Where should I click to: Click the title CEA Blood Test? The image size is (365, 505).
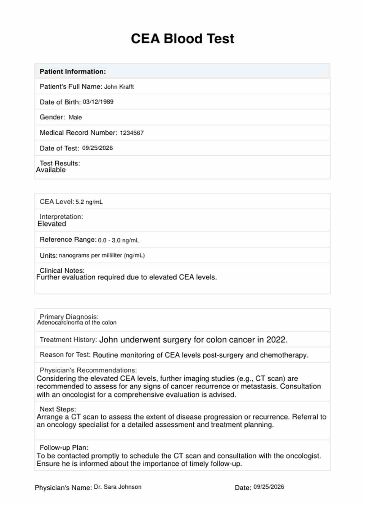coord(182,39)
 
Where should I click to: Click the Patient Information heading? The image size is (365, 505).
coord(73,72)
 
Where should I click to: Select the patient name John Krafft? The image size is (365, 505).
coord(119,87)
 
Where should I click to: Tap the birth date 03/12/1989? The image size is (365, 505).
coord(98,102)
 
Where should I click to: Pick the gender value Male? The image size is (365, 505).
coord(75,117)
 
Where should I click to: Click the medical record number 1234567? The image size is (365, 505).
coord(132,133)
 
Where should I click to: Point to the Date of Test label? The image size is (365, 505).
coord(59,148)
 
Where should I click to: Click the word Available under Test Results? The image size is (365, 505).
coord(51,170)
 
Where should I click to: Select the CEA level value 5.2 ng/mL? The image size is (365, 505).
coord(89,202)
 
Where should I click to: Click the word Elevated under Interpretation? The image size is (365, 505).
coord(52,224)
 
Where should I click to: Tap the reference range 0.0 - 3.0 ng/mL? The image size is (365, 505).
coord(119,240)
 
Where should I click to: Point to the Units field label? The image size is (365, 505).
coord(48,256)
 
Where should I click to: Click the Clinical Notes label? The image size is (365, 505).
coord(62,270)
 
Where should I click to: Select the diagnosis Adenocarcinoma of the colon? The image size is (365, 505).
coord(77,323)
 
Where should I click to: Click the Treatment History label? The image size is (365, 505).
coord(68,340)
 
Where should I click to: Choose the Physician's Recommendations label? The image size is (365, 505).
coord(88,370)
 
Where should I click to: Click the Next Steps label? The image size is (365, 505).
coord(58,409)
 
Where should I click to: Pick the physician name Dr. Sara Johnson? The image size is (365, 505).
coord(118,487)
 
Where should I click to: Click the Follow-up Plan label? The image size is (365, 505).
coord(64,447)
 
